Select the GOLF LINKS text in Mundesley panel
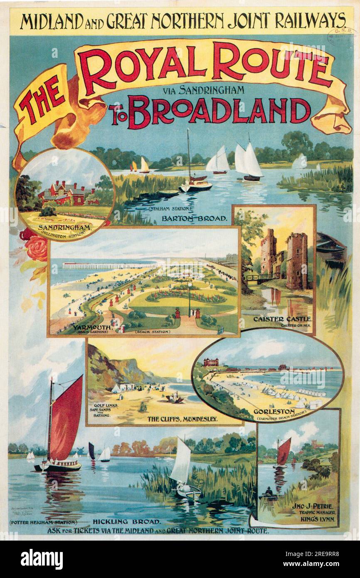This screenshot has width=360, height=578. click(101, 405)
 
